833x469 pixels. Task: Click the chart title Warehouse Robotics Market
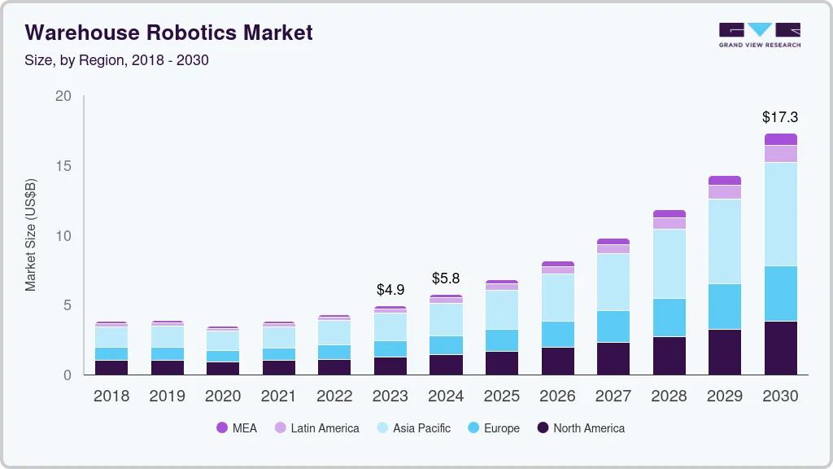(x=168, y=33)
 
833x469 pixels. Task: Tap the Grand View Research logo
(x=759, y=34)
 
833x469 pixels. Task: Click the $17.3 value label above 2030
(x=780, y=117)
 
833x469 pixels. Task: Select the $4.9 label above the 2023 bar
(x=390, y=289)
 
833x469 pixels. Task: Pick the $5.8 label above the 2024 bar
(x=446, y=278)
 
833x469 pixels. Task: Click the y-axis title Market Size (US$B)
(x=31, y=235)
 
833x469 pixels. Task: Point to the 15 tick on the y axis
(x=63, y=166)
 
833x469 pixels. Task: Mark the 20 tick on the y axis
(x=63, y=96)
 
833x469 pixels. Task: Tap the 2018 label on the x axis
(x=111, y=397)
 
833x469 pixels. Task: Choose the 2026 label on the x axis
(x=557, y=397)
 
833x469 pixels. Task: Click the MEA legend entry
(x=236, y=427)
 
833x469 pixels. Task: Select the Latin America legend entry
(x=316, y=427)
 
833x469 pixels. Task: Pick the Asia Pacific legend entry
(x=412, y=427)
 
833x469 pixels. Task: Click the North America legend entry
(x=580, y=427)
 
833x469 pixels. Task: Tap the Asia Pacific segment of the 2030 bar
(x=780, y=213)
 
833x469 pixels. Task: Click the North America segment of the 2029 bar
(x=725, y=352)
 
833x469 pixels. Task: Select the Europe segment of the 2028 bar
(x=669, y=318)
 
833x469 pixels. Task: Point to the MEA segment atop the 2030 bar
(x=780, y=139)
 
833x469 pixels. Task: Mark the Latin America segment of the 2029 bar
(x=725, y=192)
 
